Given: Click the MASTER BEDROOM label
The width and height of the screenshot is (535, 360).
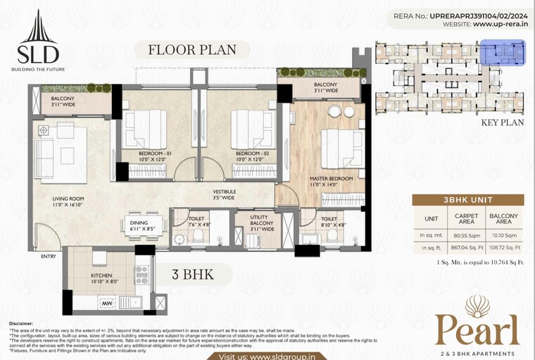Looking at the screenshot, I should [x=332, y=179].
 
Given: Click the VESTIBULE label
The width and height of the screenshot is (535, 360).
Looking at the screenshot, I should [x=225, y=192].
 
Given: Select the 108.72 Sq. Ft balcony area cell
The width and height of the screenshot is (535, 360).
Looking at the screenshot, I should [x=504, y=248].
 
